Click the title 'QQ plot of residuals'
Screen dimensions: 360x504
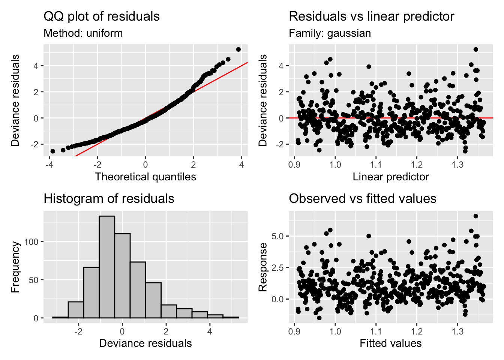point(102,16)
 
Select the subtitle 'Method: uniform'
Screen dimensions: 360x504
point(83,33)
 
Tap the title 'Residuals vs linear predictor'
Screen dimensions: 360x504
point(371,16)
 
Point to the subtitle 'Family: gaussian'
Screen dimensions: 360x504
point(330,33)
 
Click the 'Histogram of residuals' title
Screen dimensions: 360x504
point(109,198)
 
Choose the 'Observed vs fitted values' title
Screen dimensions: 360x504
point(362,198)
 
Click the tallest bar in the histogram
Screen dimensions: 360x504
point(107,267)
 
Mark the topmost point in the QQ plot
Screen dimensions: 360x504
point(238,49)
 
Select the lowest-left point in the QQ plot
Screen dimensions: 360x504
point(53,151)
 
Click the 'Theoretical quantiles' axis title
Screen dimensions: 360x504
point(145,177)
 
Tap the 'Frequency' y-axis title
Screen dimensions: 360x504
point(15,267)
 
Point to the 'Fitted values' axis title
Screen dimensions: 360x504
point(390,343)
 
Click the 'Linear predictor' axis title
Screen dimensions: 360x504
point(390,177)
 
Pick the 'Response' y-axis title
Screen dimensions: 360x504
point(263,267)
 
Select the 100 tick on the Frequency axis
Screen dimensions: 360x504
point(31,242)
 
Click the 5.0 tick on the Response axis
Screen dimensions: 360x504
point(278,236)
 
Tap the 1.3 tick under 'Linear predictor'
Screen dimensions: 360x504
point(457,164)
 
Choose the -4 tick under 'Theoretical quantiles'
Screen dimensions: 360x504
point(49,164)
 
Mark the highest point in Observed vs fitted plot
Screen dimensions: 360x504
point(476,216)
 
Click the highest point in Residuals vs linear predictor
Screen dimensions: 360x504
point(476,49)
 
